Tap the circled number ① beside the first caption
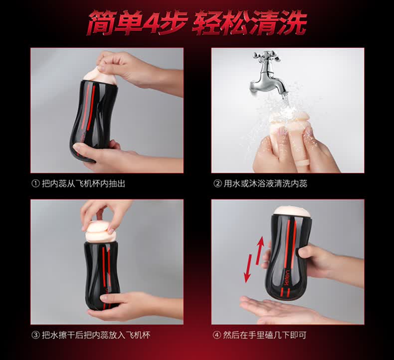(35, 184)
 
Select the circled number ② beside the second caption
(217, 184)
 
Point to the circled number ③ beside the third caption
(35, 335)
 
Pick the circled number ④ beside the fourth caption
(216, 335)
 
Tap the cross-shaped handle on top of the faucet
(267, 56)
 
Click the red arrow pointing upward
(260, 250)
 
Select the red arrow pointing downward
(249, 269)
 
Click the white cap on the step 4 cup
(292, 212)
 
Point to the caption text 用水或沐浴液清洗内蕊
(265, 184)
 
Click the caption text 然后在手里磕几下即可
(265, 335)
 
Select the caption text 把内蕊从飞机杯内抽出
(83, 184)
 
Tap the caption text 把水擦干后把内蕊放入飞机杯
(96, 335)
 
